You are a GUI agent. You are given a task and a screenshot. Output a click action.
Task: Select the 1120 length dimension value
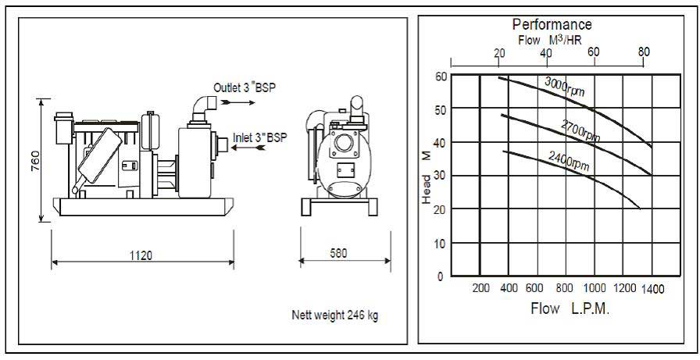coord(141,255)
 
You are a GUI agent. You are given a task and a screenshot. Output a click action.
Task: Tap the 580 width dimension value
coord(338,253)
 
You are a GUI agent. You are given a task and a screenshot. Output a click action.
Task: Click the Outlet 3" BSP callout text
coord(245,88)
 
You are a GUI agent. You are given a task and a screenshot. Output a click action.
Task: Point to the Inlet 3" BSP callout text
coord(260,137)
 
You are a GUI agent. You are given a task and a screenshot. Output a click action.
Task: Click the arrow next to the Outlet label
coord(238,102)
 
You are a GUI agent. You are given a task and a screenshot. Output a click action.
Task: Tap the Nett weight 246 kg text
coord(335,315)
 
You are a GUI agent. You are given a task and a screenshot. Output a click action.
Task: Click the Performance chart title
coord(552,24)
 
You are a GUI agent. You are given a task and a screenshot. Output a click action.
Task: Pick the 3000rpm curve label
coord(564,86)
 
